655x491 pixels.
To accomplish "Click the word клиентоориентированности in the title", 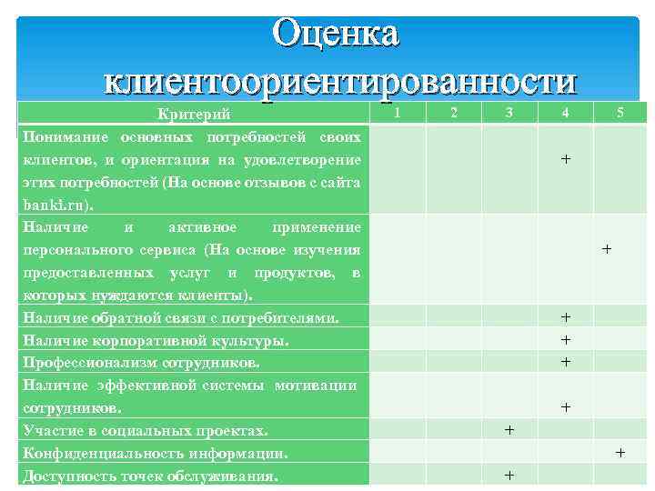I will click(340, 81).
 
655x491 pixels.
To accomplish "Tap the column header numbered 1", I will click(398, 113).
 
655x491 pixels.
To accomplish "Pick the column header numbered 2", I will click(454, 113).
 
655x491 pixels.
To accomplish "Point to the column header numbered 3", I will click(509, 113).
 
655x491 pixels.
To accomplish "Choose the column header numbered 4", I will click(566, 113).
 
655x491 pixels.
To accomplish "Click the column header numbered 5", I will click(621, 113).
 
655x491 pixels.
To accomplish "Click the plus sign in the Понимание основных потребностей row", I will click(566, 159).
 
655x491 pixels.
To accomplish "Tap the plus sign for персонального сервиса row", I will click(607, 247).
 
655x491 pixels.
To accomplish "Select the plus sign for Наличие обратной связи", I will click(566, 317).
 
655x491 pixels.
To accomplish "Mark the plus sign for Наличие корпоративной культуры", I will click(566, 339).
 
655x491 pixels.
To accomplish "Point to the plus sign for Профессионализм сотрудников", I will click(566, 361).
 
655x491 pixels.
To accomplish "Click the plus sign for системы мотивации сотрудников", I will click(566, 407).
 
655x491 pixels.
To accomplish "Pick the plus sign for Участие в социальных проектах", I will click(509, 429).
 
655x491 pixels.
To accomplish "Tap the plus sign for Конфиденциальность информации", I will click(620, 451).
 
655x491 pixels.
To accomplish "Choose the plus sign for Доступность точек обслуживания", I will click(509, 475).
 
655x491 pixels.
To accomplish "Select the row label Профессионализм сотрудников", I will click(141, 362).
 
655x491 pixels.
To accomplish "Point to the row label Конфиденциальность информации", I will click(156, 452).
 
